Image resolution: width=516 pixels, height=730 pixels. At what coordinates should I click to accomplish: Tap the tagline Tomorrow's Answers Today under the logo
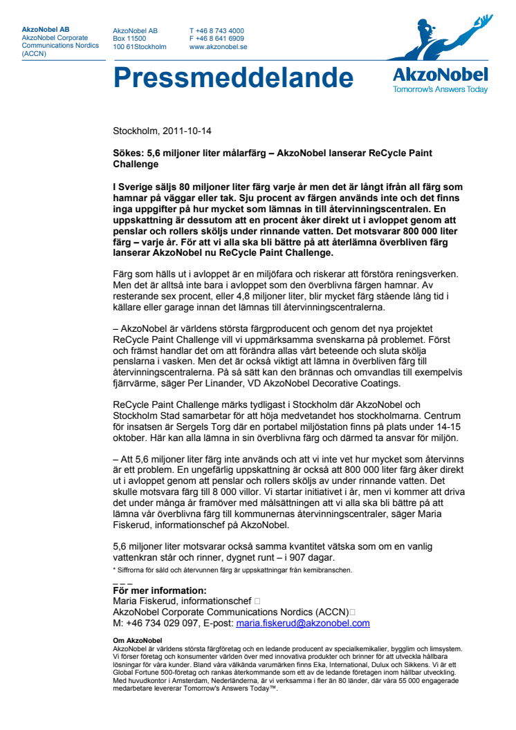tap(440, 88)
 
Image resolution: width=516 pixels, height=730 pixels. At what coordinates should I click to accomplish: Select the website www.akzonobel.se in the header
tap(219, 47)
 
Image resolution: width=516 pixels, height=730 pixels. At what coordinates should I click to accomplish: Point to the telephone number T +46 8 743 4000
tap(216, 30)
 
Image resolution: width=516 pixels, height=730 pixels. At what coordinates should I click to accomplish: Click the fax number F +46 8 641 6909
tap(216, 39)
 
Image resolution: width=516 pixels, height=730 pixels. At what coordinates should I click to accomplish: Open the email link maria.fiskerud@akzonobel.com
tap(303, 623)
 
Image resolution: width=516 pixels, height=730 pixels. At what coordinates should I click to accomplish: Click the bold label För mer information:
tap(159, 590)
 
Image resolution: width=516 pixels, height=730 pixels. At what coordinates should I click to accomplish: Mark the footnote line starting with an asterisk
tap(232, 570)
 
